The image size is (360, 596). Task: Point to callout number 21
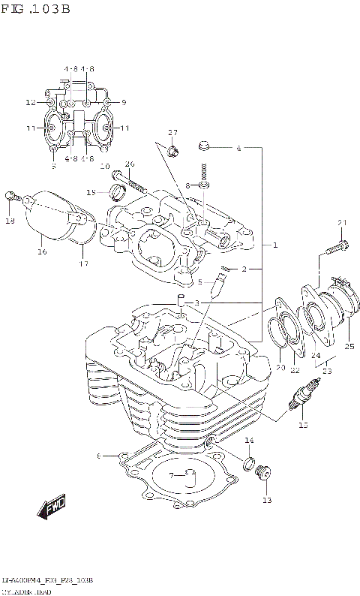343,222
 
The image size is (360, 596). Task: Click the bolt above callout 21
336,245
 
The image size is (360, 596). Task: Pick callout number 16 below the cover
43,251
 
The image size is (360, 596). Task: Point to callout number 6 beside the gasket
99,456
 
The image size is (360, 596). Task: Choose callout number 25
349,346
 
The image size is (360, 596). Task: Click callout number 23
327,369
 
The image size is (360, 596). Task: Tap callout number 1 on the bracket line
275,245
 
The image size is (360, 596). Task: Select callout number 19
91,192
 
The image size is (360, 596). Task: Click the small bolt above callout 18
10,197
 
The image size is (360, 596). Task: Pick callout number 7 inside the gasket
171,474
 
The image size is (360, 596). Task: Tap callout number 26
129,164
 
